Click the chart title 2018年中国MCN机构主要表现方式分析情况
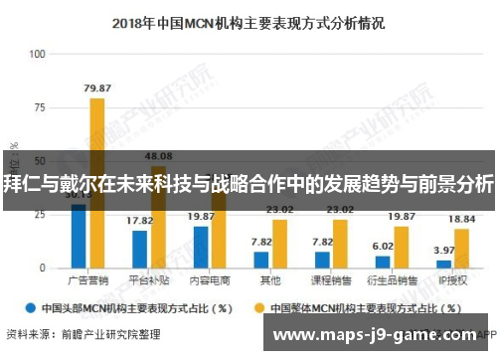(248, 20)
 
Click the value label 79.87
(96, 88)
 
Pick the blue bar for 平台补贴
(140, 249)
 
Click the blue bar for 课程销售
(322, 260)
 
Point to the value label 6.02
(383, 246)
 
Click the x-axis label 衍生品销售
(392, 281)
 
